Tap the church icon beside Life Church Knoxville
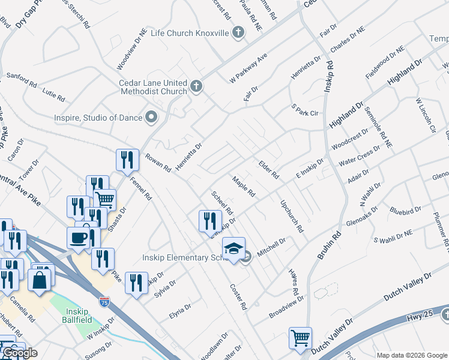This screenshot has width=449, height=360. pyautogui.click(x=238, y=32)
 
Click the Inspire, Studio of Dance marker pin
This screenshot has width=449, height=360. pyautogui.click(x=151, y=117)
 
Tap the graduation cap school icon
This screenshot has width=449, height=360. pyautogui.click(x=234, y=248)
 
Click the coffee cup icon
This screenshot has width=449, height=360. pyautogui.click(x=79, y=237)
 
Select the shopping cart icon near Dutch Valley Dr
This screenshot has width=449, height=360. pyautogui.click(x=300, y=337)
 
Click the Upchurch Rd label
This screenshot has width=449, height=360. pyautogui.click(x=292, y=216)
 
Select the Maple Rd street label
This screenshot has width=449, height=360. pyautogui.click(x=244, y=186)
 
